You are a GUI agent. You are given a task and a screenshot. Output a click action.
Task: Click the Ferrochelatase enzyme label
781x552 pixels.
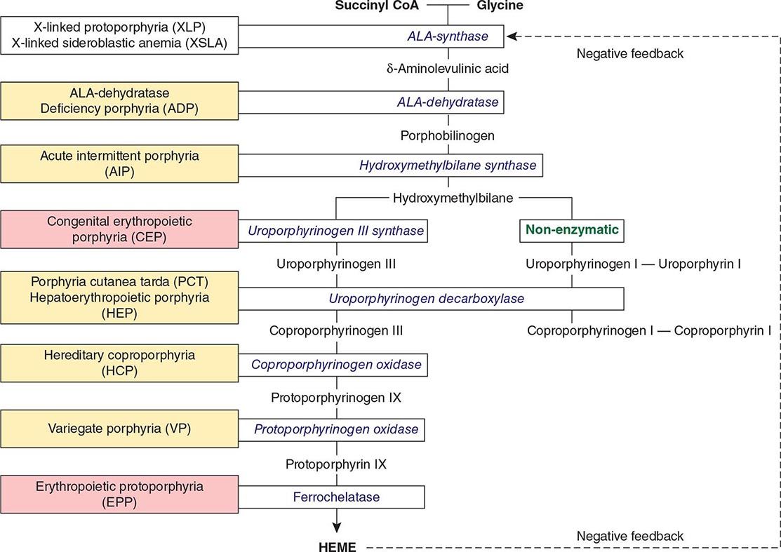coord(337,497)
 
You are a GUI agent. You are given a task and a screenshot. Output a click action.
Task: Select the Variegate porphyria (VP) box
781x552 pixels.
coord(119,429)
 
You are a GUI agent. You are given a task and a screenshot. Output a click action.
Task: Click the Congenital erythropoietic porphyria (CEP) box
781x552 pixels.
coord(119,229)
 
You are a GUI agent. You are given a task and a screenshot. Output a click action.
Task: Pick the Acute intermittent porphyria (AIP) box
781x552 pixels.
coord(119,163)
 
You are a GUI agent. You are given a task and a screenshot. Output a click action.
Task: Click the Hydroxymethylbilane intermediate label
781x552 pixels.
coord(454,198)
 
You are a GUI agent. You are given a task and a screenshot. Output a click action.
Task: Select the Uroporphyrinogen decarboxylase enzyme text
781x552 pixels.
coord(426,298)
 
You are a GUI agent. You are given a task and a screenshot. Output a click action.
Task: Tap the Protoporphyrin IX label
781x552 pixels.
coord(336,464)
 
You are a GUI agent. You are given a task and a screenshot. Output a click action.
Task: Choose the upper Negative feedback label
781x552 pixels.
coord(629,53)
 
